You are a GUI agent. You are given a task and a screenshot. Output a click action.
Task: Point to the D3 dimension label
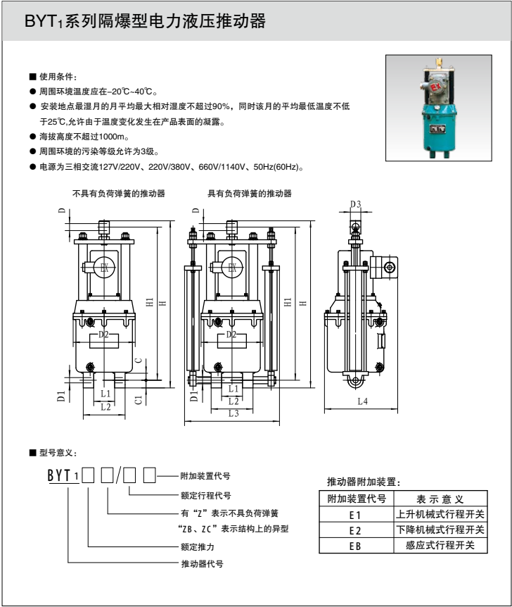click(356, 204)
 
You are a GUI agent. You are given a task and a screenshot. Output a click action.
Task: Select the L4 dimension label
click(362, 401)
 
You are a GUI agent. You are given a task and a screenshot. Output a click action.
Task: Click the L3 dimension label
click(233, 414)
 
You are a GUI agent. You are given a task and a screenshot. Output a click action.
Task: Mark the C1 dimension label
click(138, 399)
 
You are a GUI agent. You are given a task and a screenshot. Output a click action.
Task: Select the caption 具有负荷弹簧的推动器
click(249, 194)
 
